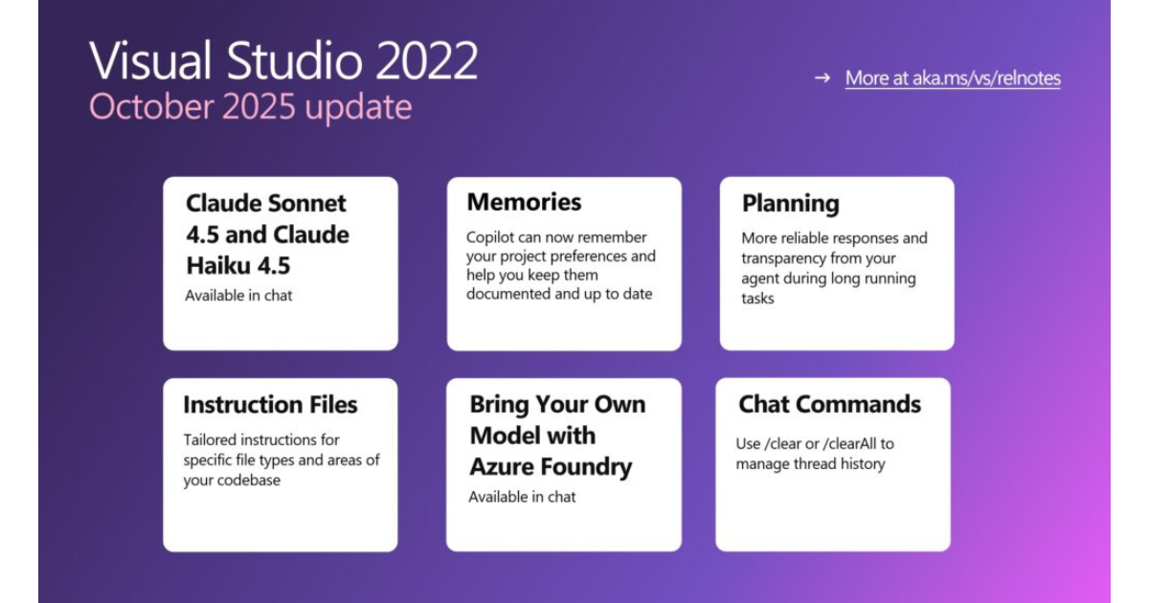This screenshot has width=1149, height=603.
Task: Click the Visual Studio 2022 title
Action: point(283,60)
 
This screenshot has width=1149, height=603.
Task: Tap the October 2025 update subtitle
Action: point(250,106)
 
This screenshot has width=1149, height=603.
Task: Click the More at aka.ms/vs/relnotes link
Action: point(953,78)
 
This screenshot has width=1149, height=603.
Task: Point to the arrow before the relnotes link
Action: point(822,78)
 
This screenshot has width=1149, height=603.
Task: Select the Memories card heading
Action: point(524,202)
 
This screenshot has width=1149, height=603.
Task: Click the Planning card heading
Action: point(791,204)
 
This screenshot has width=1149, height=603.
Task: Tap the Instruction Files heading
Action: point(270,405)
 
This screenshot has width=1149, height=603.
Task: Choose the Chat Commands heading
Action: point(829,404)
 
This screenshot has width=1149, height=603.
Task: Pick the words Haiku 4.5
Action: point(238,266)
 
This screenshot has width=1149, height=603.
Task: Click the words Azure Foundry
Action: point(551,467)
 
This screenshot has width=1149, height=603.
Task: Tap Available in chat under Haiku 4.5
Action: point(238,296)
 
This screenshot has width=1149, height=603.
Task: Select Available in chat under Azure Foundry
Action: point(522,497)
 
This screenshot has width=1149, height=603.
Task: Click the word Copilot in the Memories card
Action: point(490,238)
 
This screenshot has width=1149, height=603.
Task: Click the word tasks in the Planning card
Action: point(757,299)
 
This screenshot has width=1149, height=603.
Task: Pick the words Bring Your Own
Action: point(557,405)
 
